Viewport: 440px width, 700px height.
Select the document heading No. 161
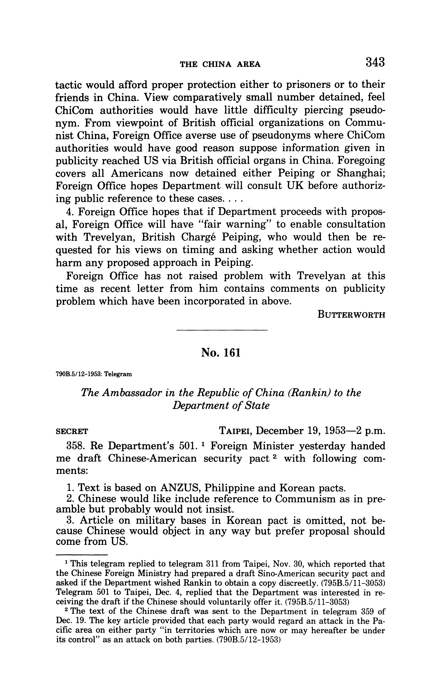[221, 353]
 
